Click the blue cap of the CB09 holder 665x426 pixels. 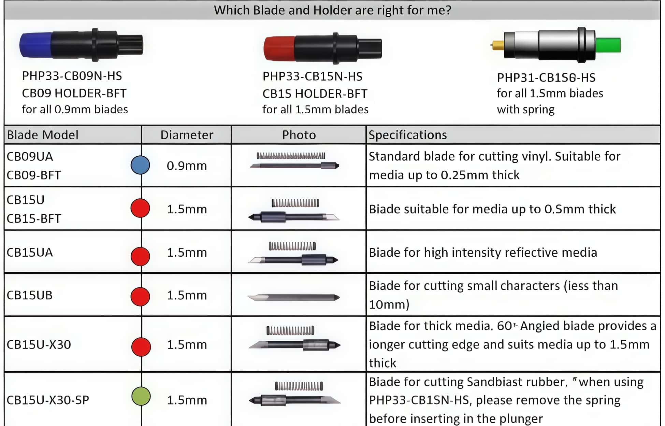(35, 45)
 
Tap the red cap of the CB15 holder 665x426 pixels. (279, 48)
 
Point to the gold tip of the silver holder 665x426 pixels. (497, 45)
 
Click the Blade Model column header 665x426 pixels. (43, 135)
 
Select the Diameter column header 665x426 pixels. (187, 135)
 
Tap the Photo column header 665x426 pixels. (299, 135)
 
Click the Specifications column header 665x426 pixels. (408, 135)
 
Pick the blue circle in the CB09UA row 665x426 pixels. (140, 165)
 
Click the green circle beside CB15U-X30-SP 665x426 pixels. (141, 396)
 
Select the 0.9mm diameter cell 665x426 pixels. (187, 166)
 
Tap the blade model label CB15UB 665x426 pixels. (30, 295)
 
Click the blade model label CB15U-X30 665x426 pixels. (39, 344)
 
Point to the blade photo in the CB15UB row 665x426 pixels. (293, 297)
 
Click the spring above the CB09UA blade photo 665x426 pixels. (291, 156)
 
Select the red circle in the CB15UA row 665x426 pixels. (140, 256)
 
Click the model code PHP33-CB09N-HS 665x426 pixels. (72, 76)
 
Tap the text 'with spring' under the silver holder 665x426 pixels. (525, 109)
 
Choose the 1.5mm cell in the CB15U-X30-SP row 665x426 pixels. (187, 400)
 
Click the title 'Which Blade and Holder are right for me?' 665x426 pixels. (332, 10)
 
